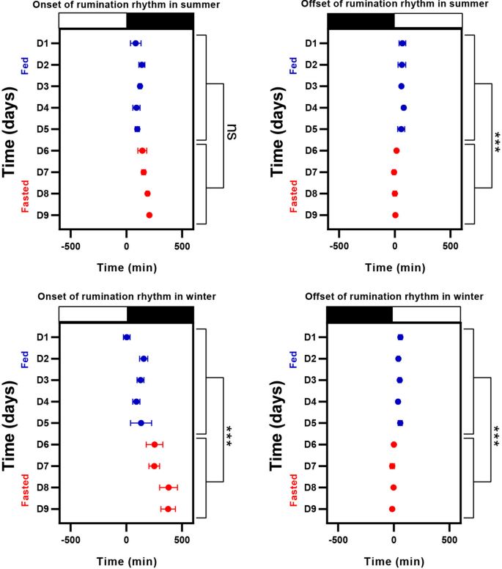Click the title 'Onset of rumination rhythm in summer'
(125, 5)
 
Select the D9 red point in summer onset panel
(150, 216)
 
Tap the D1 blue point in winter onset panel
(126, 337)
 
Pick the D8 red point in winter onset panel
(169, 488)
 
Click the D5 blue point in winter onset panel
(141, 423)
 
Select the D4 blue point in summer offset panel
(404, 108)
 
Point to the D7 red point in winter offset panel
(392, 466)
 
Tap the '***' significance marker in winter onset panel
(229, 434)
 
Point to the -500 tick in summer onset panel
(70, 246)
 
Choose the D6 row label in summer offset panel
(311, 151)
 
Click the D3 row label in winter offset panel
(311, 381)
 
